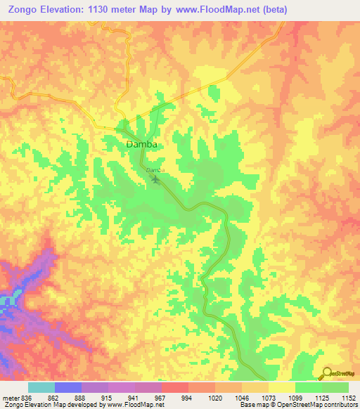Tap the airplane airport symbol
pos(155,181)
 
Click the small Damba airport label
pos(155,170)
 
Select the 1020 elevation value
pos(215,397)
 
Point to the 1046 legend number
pos(242,397)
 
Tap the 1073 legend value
pos(269,397)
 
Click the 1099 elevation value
pos(295,397)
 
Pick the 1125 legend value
pos(322,397)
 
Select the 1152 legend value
pos(347,397)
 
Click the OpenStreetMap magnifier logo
pos(326,373)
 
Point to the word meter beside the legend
pos(10,397)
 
